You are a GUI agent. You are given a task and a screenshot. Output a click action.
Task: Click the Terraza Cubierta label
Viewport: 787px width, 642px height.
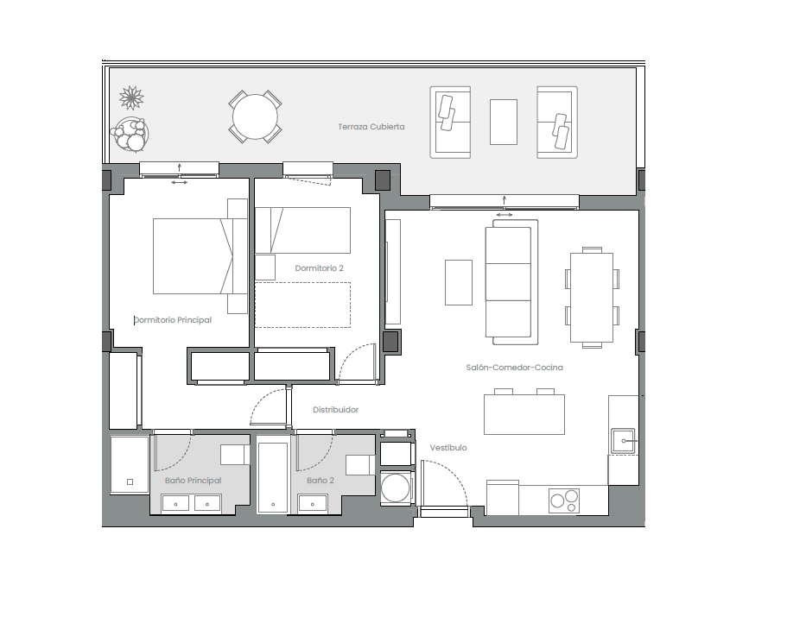(x=371, y=127)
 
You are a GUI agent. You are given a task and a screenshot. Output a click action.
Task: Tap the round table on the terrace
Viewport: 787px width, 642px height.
(x=255, y=116)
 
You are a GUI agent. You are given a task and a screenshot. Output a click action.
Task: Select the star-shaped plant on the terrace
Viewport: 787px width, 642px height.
(x=131, y=98)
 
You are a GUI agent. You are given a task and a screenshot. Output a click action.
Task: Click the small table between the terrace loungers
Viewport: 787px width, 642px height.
(x=504, y=122)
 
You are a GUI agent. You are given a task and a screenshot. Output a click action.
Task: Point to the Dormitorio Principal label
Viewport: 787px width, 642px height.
(x=173, y=320)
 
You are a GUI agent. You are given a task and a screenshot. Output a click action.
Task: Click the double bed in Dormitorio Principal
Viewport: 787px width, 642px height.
(x=200, y=256)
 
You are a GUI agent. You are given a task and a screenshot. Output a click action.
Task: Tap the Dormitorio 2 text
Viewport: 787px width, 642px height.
(x=320, y=268)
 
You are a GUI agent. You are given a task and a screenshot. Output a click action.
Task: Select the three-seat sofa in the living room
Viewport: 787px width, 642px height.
(x=511, y=282)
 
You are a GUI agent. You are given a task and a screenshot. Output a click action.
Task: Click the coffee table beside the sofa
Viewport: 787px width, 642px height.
(x=459, y=283)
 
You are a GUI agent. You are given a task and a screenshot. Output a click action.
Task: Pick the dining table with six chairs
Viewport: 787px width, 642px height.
(x=592, y=298)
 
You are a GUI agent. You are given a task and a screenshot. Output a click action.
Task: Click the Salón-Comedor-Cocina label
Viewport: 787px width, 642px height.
(x=515, y=368)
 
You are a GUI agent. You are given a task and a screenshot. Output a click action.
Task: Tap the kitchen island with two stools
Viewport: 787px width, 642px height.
(x=524, y=412)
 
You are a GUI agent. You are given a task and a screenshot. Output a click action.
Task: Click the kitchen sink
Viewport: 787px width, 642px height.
(x=623, y=441)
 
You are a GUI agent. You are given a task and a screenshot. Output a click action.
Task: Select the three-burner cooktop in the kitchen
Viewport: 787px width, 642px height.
(x=564, y=500)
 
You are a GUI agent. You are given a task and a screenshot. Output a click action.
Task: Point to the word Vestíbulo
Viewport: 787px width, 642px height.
(x=448, y=448)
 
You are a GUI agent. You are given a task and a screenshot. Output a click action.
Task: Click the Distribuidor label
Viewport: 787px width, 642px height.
(x=336, y=410)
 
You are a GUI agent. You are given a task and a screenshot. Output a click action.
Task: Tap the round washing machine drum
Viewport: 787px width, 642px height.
(x=395, y=488)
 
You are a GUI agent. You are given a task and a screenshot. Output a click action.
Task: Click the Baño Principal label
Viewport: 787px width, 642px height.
(x=194, y=480)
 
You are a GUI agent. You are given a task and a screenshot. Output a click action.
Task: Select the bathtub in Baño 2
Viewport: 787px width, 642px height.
(x=273, y=477)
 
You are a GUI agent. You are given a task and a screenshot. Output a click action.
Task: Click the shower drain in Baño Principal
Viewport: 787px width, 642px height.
(x=130, y=482)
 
